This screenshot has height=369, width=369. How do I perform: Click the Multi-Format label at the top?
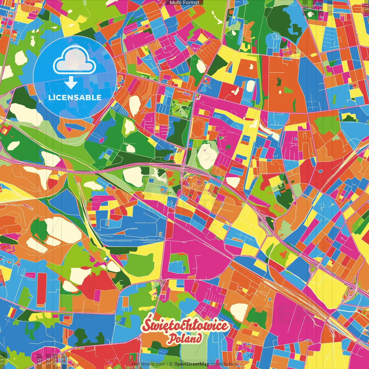tap(184, 3)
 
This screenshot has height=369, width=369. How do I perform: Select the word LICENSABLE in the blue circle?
tap(75, 97)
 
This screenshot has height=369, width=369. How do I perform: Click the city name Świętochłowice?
tap(186, 326)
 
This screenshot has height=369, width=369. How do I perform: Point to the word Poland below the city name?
tap(185, 338)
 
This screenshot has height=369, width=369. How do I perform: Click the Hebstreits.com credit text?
tap(148, 364)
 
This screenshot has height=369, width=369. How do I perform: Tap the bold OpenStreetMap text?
tap(192, 364)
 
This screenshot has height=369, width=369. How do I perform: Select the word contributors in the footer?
tap(224, 364)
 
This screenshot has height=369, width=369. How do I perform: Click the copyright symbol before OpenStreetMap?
tap(171, 364)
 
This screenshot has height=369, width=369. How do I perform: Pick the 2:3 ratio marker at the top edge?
tap(305, 7)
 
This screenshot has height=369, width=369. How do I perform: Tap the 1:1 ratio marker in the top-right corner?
tap(366, 7)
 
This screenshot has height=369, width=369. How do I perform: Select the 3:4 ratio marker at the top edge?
tap(321, 7)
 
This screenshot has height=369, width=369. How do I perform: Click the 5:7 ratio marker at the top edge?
tap(314, 7)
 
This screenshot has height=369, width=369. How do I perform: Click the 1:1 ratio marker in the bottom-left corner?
tap(3, 362)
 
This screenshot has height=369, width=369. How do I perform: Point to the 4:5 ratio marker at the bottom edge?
tap(39, 362)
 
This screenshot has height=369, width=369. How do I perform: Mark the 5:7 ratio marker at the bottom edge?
tap(55, 362)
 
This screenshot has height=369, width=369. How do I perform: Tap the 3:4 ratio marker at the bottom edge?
tap(48, 362)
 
